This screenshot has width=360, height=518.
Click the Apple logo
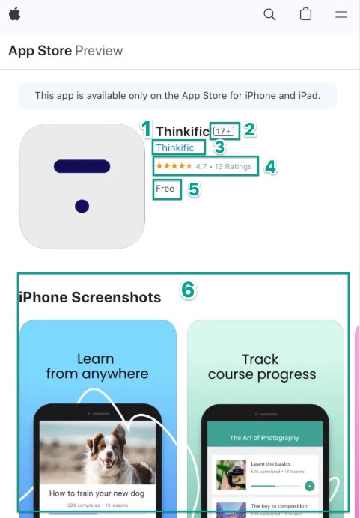pyautogui.click(x=14, y=14)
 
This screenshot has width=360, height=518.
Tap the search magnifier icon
pyautogui.click(x=269, y=14)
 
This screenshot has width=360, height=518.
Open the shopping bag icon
pyautogui.click(x=305, y=14)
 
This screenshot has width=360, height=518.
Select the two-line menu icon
pyautogui.click(x=341, y=14)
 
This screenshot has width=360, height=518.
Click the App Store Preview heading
pyautogui.click(x=65, y=51)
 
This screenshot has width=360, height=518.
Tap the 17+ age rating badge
pyautogui.click(x=224, y=130)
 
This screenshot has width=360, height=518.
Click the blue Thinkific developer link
pyautogui.click(x=175, y=147)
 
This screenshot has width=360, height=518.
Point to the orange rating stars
pyautogui.click(x=174, y=165)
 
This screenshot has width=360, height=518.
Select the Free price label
pyautogui.click(x=165, y=189)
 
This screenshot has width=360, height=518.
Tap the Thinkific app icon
pyautogui.click(x=82, y=186)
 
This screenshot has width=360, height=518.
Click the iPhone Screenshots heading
pyautogui.click(x=90, y=297)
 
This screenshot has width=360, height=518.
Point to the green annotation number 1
pyautogui.click(x=147, y=129)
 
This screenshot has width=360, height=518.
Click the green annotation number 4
pyautogui.click(x=270, y=167)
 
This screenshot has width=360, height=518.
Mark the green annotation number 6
pyautogui.click(x=189, y=290)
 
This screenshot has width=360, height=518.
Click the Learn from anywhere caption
pyautogui.click(x=97, y=366)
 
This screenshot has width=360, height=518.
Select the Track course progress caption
pyautogui.click(x=262, y=366)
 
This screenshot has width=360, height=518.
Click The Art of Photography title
pyautogui.click(x=264, y=438)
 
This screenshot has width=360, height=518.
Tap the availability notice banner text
pyautogui.click(x=177, y=96)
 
